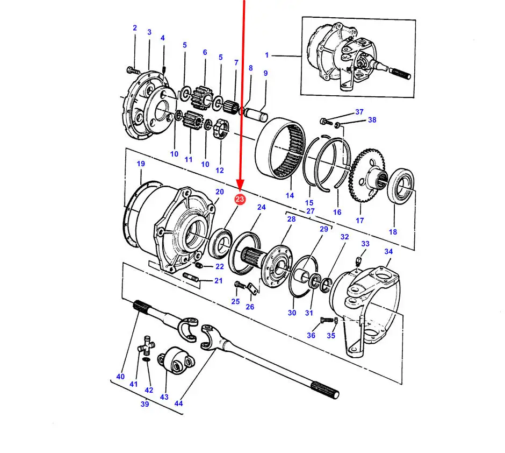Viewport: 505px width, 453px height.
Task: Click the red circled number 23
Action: pos(240,199)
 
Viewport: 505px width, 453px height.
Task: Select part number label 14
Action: pos(290,195)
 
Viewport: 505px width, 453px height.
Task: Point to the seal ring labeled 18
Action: pos(401,186)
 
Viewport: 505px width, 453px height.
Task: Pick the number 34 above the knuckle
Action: pos(388,251)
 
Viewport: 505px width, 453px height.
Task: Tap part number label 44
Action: pos(178,403)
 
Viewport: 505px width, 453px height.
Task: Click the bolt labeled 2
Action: pos(132,69)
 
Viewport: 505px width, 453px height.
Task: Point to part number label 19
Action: pos(141,164)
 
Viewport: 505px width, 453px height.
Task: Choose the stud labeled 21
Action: pos(191,277)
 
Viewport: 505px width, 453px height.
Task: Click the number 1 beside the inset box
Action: pos(266,55)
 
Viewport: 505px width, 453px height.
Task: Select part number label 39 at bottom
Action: pos(145,404)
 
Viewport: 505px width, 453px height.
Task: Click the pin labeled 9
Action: pos(256,114)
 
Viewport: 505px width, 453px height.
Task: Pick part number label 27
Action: pos(310,211)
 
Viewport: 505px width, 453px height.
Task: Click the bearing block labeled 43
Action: pos(176,360)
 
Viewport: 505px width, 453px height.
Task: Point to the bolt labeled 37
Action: pos(325,122)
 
